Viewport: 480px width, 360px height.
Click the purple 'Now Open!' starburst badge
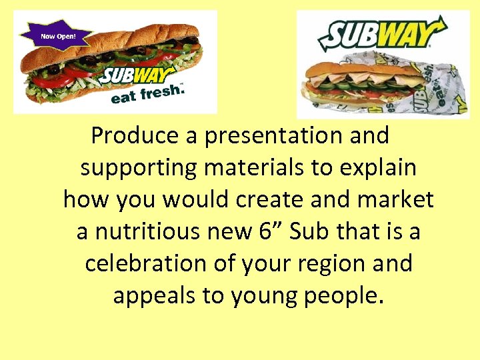(57, 36)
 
